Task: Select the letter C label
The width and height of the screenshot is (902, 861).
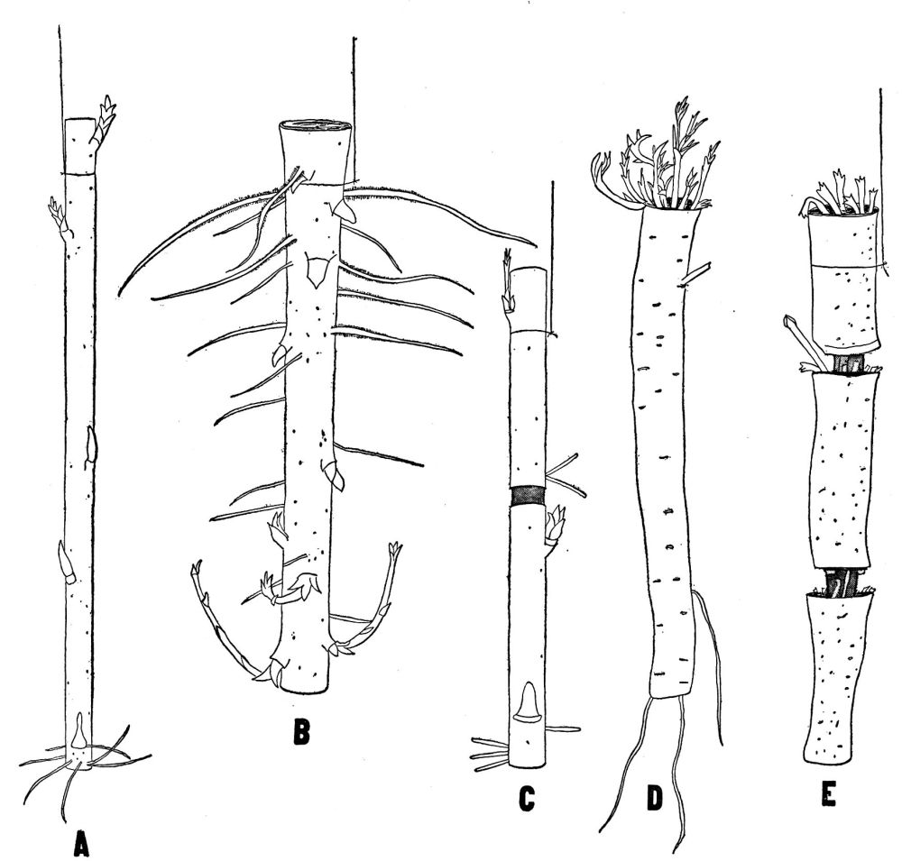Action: click(526, 800)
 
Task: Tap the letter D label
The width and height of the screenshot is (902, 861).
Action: click(655, 799)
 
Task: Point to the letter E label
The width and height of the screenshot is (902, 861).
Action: click(828, 794)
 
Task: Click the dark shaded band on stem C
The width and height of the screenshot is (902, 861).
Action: click(528, 496)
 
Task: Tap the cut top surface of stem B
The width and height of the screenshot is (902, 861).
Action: click(315, 126)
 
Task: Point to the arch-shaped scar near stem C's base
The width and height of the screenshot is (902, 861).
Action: click(528, 702)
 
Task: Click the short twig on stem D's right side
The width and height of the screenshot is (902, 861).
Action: click(695, 275)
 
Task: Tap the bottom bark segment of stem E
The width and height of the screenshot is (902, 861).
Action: click(838, 679)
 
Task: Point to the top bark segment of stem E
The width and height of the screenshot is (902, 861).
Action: click(843, 282)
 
